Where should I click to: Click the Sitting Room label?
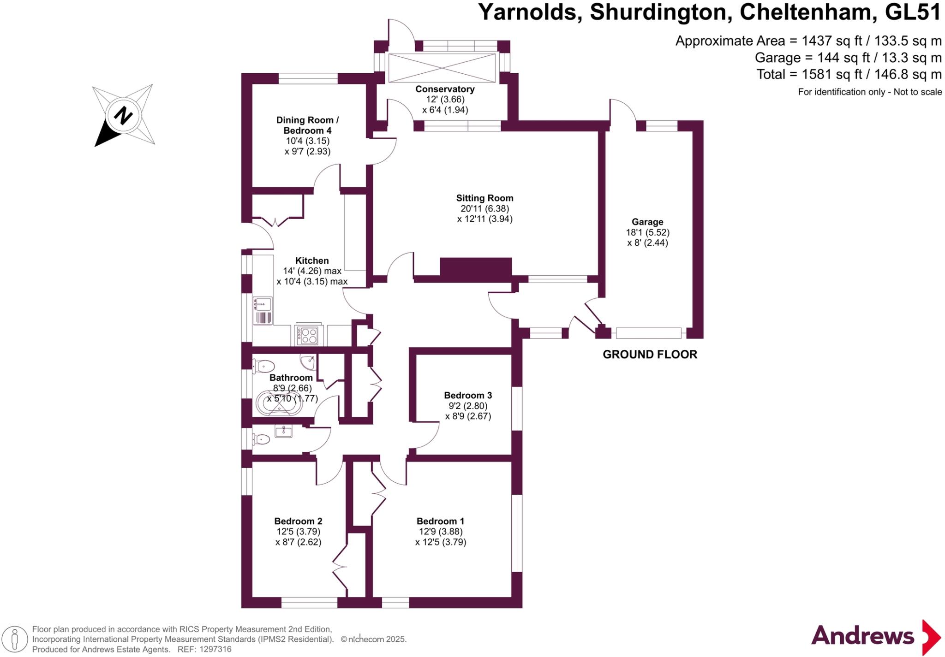pos(484,198)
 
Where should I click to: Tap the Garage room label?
pos(647,222)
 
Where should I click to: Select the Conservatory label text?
pos(445,89)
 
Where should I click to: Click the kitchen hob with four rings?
pos(307,335)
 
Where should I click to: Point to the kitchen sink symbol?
pos(263,304)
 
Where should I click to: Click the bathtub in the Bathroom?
pos(279,403)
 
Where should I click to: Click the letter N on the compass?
pos(123,115)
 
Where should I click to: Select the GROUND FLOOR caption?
pos(650,354)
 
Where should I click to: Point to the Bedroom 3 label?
pos(468,395)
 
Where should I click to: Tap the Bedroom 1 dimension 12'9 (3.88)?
pos(440,532)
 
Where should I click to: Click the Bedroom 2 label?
pos(298,521)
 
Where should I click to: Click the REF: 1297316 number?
pos(215,649)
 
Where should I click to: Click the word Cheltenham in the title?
pos(808,12)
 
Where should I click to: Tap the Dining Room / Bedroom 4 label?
pos(307,125)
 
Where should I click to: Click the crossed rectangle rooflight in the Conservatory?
pos(442,68)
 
